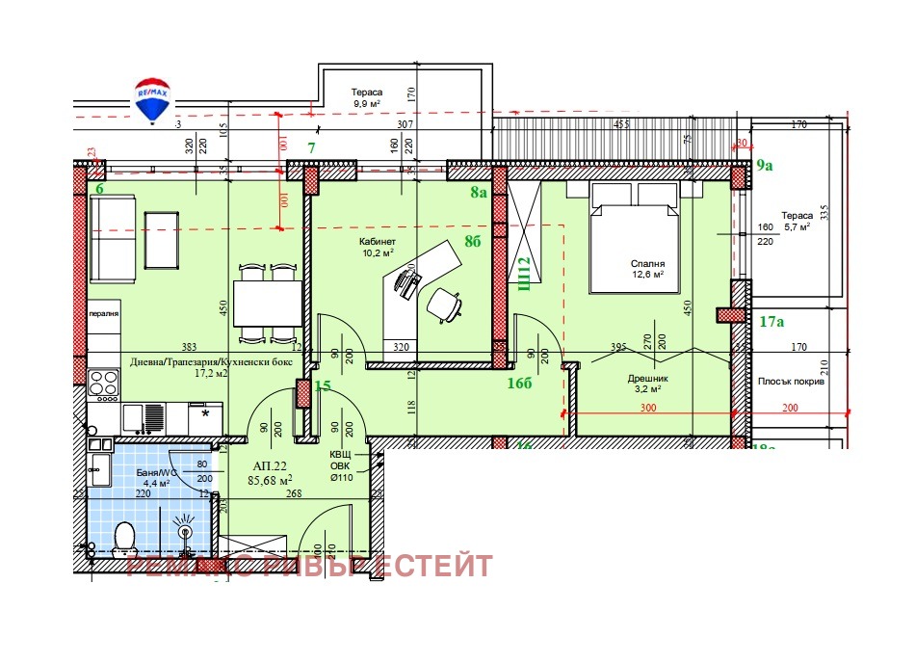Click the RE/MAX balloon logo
(x=151, y=100)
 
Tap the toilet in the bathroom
(x=123, y=536)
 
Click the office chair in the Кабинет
(x=443, y=304)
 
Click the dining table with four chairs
(x=268, y=303)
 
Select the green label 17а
(x=771, y=321)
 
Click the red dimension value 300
(x=649, y=409)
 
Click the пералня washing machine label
(x=104, y=314)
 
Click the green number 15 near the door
(x=323, y=386)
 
